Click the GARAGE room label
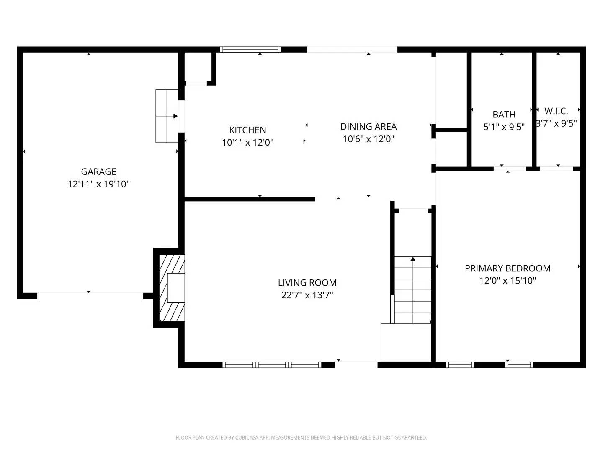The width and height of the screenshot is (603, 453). pos(98,172)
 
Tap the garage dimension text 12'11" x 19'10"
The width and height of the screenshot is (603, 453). pos(98,184)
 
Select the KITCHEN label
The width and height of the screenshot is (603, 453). pos(247,130)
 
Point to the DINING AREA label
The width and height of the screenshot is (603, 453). pos(368,127)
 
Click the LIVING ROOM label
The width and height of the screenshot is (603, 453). pos(307,283)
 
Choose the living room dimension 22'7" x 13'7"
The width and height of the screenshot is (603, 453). pos(307,295)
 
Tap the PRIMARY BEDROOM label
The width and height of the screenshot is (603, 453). pos(508,268)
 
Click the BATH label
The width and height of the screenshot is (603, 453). pos(504,115)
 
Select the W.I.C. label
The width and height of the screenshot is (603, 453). pos(556,111)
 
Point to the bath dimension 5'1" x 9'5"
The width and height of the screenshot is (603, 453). pos(504,127)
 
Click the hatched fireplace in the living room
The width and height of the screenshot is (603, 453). pos(172,288)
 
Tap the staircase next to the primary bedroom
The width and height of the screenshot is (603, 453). pos(413,289)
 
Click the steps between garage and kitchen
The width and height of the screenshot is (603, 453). pos(167,116)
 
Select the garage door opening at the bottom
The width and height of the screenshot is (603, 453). pos(90,296)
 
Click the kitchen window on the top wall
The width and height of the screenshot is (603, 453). pos(250,49)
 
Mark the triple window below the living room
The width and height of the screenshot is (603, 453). pos(272,365)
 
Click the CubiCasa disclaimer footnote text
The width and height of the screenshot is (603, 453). pos(301,437)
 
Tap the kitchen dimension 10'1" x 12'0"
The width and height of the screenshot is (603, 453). pos(247,143)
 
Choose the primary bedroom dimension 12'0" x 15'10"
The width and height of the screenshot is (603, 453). pos(508,281)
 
